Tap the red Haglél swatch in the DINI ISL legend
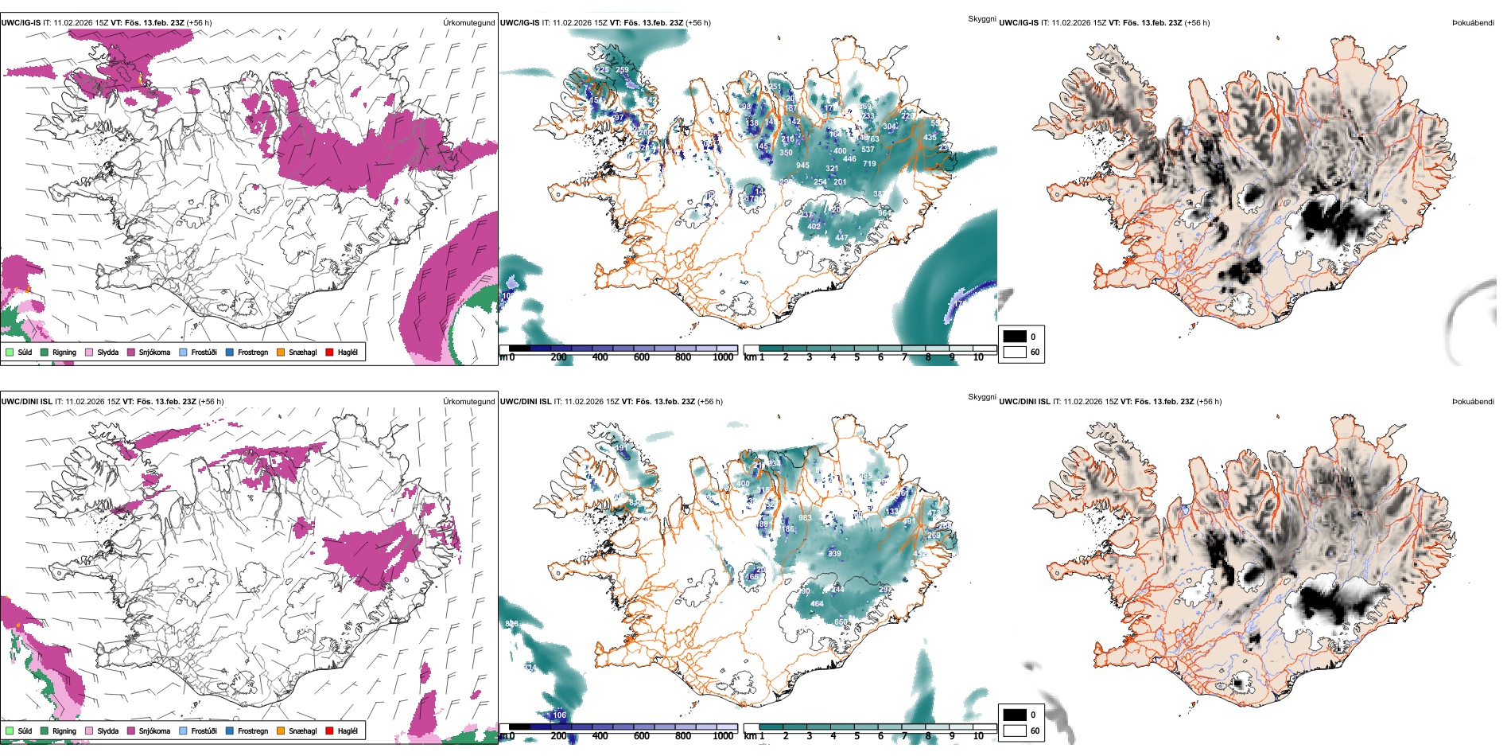pyautogui.click(x=329, y=731)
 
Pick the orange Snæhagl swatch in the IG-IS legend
pyautogui.click(x=281, y=352)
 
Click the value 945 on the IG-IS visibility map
pyautogui.click(x=802, y=166)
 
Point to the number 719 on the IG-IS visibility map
pyautogui.click(x=869, y=164)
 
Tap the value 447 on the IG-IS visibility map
pyautogui.click(x=841, y=238)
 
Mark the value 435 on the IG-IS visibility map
pyautogui.click(x=930, y=138)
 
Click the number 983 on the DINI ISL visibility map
pyautogui.click(x=805, y=518)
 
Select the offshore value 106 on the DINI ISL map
pyautogui.click(x=560, y=715)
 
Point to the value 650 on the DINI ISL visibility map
pyautogui.click(x=841, y=622)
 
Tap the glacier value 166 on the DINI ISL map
pyautogui.click(x=752, y=577)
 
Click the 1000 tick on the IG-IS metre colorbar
pyautogui.click(x=723, y=357)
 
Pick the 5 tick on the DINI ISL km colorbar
pyautogui.click(x=856, y=736)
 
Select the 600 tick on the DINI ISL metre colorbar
pyautogui.click(x=641, y=736)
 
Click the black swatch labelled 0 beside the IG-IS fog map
pyautogui.click(x=1015, y=336)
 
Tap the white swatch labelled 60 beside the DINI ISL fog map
pyautogui.click(x=1015, y=730)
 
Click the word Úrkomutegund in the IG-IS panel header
pyautogui.click(x=468, y=22)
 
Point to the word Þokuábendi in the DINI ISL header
pyautogui.click(x=1473, y=401)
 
